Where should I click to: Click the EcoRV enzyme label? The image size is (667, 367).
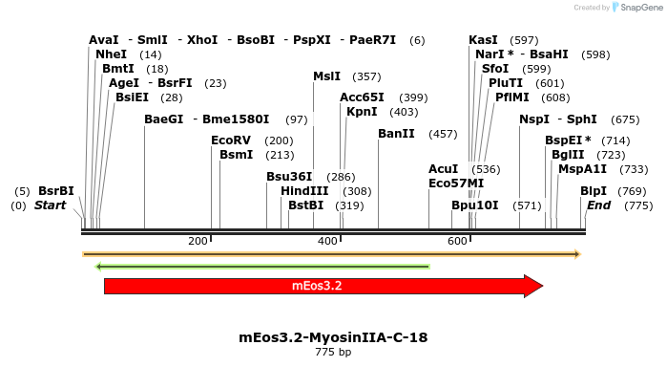[232, 140]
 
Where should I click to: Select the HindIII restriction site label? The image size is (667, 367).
[304, 191]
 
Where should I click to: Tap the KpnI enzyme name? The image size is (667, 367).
[362, 112]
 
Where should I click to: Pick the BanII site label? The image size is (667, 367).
[396, 134]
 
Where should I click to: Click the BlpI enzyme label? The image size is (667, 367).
[593, 191]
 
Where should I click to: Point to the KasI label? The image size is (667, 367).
[483, 40]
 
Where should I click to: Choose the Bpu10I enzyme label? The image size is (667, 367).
[474, 205]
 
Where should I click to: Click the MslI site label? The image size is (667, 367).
[326, 76]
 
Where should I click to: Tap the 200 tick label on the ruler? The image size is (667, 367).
[198, 240]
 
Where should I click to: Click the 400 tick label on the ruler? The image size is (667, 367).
[327, 240]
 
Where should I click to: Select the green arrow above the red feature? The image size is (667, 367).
[262, 266]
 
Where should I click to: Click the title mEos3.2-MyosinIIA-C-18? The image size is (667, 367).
[333, 337]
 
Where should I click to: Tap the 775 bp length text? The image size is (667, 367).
[333, 352]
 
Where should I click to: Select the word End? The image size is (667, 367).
[598, 205]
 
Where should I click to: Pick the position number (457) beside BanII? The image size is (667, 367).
[443, 134]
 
